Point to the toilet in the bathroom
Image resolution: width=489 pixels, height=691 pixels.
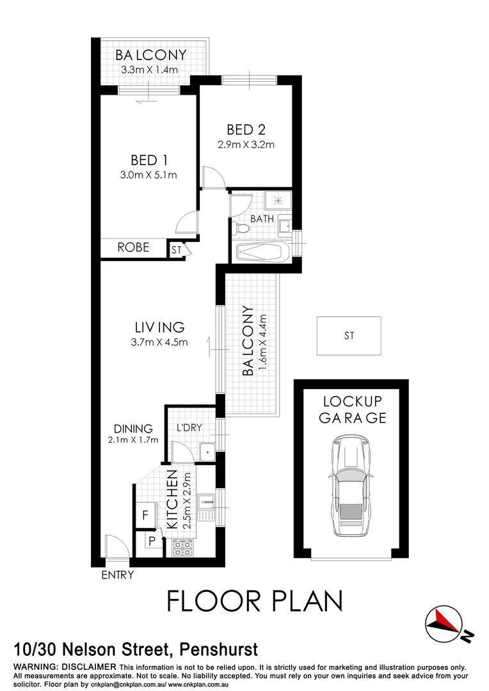243,228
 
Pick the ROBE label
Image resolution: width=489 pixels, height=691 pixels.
133,247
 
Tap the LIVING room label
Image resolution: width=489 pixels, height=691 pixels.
159,327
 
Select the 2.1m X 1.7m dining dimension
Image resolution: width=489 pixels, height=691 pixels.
133,440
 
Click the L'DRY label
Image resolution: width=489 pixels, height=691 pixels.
186,428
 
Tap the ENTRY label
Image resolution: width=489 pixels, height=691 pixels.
118,575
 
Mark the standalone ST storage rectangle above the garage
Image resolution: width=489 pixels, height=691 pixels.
349,335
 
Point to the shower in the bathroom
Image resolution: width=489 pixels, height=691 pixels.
278,201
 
